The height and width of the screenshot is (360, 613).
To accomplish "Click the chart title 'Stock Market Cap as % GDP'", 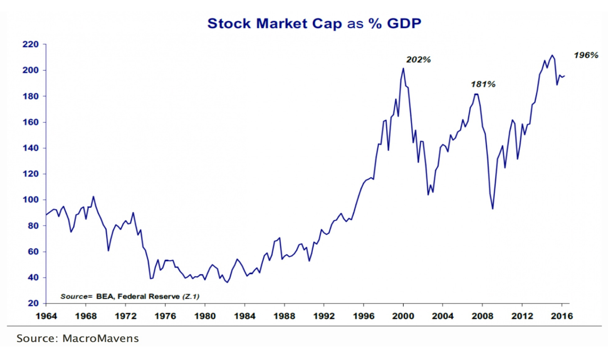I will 314,24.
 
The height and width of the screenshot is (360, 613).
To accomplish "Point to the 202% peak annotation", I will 418,60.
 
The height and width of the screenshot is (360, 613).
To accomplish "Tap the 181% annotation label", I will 483,84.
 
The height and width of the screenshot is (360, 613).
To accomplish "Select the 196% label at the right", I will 586,55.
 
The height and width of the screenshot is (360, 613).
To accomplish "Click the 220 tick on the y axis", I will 30,44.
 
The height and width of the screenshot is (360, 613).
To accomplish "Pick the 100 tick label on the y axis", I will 30,200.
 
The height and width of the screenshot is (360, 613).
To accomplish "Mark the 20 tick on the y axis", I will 33,303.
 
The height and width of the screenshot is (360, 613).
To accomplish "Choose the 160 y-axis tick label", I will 30,122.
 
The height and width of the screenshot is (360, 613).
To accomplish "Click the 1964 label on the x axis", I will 46,316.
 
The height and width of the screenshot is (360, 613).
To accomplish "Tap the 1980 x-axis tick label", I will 205,316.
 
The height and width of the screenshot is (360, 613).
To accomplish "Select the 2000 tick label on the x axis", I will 403,316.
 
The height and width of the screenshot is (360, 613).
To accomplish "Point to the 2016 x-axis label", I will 562,316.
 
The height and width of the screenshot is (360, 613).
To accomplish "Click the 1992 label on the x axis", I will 324,316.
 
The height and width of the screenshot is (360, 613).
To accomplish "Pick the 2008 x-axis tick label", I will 483,316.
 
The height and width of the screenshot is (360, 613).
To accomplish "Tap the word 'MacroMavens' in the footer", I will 101,338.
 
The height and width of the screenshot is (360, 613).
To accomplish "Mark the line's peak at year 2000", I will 403,68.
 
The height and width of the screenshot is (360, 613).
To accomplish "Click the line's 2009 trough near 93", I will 492,209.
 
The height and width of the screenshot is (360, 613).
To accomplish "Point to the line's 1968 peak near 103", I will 93,197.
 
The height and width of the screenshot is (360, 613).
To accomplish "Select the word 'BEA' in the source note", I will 104,296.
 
